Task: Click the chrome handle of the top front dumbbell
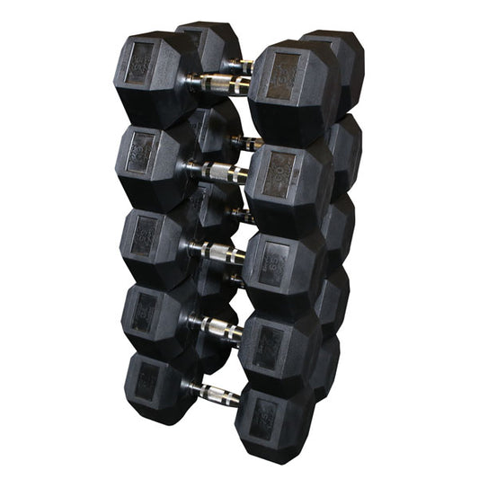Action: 219,84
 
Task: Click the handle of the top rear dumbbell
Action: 240,65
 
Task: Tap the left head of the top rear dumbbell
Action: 208,45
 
